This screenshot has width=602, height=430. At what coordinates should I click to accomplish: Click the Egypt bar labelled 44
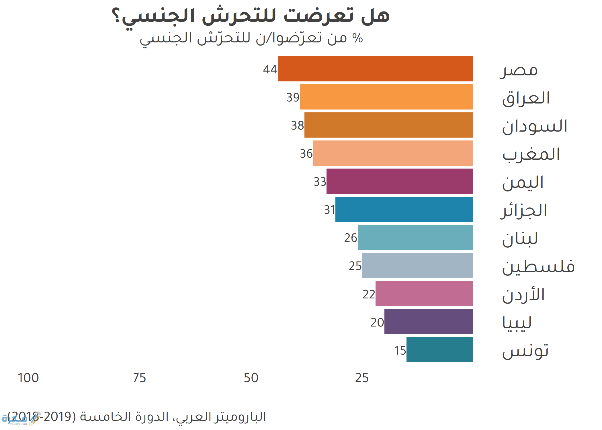pos(375,69)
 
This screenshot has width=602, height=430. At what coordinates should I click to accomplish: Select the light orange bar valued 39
pos(386,97)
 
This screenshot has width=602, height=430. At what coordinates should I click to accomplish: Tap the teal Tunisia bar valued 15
pos(440,350)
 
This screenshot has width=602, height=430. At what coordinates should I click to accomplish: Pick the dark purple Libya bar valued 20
pos(429,322)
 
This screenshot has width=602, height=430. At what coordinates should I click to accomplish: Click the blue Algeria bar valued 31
pos(404,209)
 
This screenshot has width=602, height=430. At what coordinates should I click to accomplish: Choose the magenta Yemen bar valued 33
pos(400,181)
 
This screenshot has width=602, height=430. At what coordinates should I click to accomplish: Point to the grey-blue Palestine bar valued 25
pos(417,265)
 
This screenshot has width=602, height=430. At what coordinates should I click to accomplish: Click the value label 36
pos(306,154)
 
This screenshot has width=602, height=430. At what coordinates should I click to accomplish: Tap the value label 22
pos(369,294)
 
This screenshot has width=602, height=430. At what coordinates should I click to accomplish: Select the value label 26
pos(351,238)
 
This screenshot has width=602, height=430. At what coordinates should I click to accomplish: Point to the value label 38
pos(297,126)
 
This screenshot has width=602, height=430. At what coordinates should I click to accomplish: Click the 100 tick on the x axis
pos(28,378)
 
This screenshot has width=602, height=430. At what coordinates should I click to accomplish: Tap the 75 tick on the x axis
pos(140,378)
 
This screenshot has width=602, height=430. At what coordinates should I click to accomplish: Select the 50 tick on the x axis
pos(251,378)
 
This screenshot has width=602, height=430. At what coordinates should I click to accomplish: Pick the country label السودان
pos(535,126)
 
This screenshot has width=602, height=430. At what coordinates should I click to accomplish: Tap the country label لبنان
pos(520,239)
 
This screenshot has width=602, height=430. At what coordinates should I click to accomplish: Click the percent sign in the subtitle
pos(358,38)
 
